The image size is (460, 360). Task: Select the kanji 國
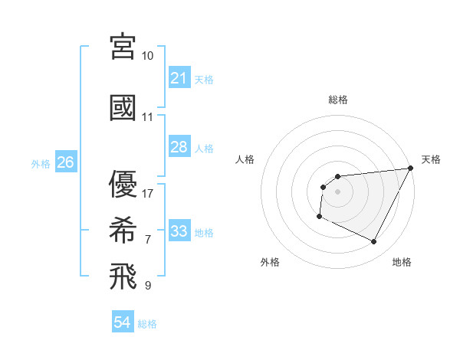pos(123,107)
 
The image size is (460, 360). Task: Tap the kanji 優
pos(123,184)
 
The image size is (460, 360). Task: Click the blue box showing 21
pos(179,78)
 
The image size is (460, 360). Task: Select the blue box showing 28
pos(179,147)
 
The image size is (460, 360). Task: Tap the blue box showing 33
pos(179,231)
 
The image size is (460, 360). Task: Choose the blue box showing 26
pos(65,162)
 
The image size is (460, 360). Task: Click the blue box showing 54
pos(123,323)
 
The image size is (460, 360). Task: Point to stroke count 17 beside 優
pos(148,193)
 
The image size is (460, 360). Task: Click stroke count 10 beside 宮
pos(148,56)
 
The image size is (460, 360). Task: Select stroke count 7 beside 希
pos(148,240)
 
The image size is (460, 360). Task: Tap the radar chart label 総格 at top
pos(338,100)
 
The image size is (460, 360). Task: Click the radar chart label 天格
pos(432,159)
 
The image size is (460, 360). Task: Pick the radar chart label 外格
pos(270,262)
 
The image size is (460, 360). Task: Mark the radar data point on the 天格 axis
pos(411,168)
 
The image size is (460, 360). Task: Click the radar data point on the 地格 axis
pos(374,242)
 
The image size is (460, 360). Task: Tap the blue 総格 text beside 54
pos(148,324)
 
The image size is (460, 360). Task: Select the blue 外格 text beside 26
pos(41,163)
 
